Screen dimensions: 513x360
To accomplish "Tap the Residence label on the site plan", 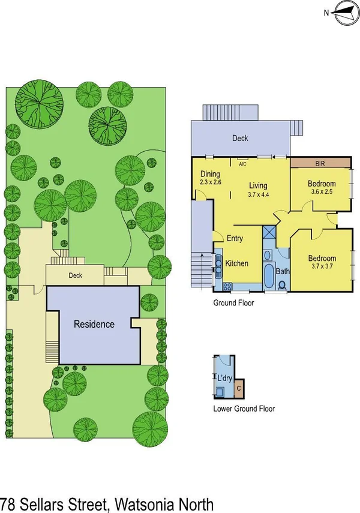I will tap(94, 325).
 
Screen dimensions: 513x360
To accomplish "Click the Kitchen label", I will tap(236, 263).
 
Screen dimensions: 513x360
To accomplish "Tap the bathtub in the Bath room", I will tap(267, 274).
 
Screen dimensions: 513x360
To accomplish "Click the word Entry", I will tap(235, 238).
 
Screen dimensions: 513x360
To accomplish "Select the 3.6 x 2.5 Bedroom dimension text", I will tap(322, 193).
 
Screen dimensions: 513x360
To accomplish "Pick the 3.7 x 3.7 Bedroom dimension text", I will tap(322, 266).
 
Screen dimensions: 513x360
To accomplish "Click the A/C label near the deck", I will tap(243, 163).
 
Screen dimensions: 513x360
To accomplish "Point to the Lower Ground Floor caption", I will tap(244, 409).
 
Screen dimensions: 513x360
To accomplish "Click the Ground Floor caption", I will tap(233, 303).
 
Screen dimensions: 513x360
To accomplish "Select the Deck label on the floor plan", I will tap(241, 138).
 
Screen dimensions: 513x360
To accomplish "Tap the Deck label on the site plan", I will tap(75, 276).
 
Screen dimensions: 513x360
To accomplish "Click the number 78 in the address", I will tap(8, 503).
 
